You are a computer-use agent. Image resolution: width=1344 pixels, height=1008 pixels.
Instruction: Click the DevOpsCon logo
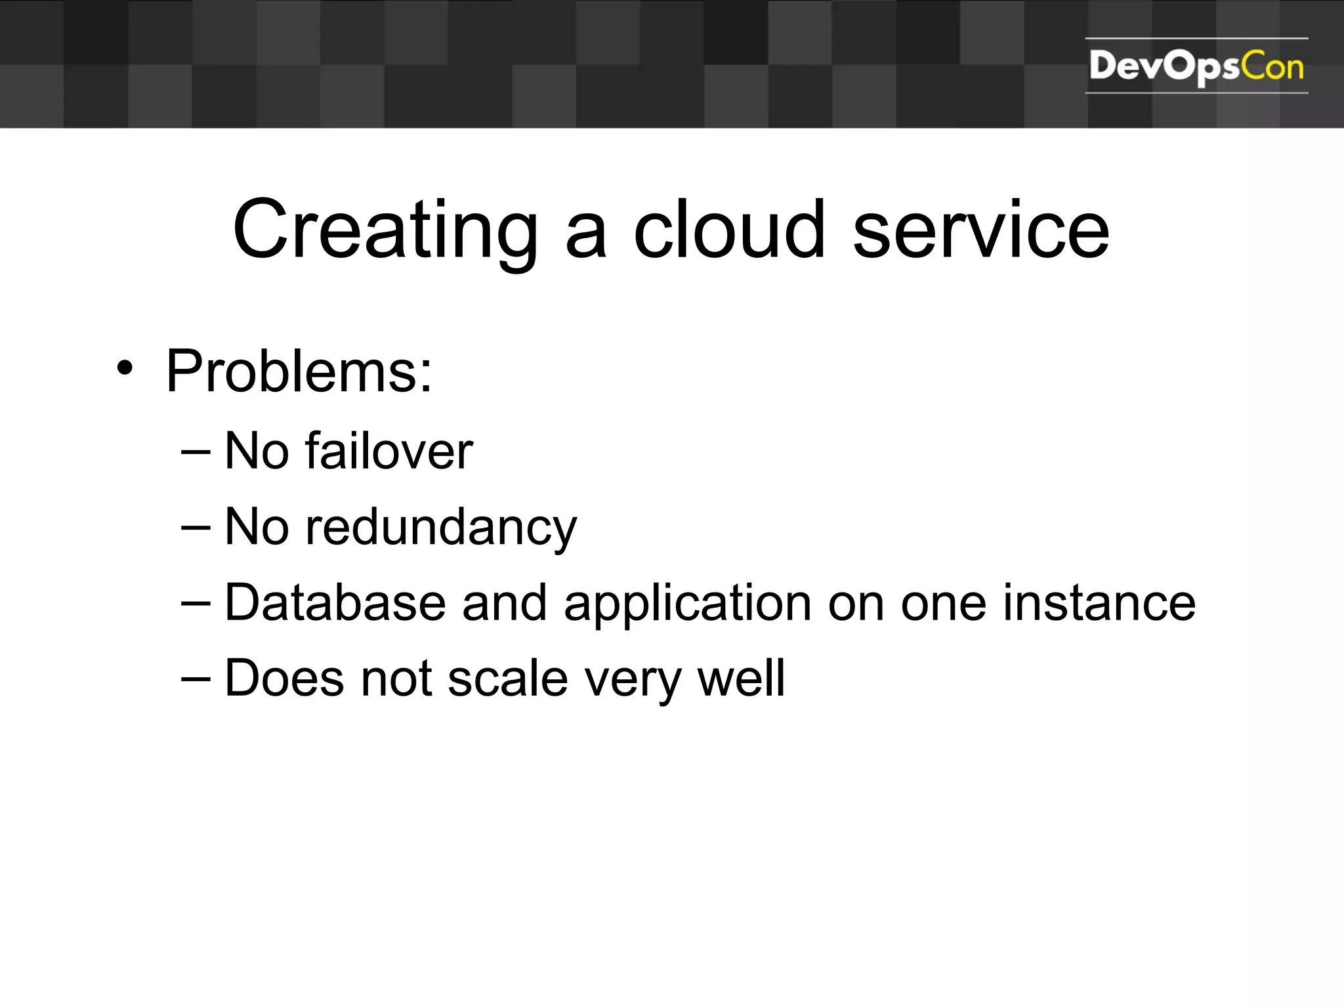[x=1196, y=66]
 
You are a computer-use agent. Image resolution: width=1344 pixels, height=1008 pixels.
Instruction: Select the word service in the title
[x=980, y=231]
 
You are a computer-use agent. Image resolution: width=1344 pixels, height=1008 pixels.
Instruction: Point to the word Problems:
[x=299, y=371]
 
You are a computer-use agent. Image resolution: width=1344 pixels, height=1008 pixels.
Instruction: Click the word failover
[x=388, y=451]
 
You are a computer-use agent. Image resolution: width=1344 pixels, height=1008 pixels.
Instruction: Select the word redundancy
[x=441, y=528]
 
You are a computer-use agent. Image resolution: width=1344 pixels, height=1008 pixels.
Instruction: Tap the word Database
[x=335, y=603]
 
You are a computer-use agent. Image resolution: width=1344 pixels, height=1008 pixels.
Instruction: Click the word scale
[x=507, y=679]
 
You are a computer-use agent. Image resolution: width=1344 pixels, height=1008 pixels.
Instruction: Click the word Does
[x=284, y=679]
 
